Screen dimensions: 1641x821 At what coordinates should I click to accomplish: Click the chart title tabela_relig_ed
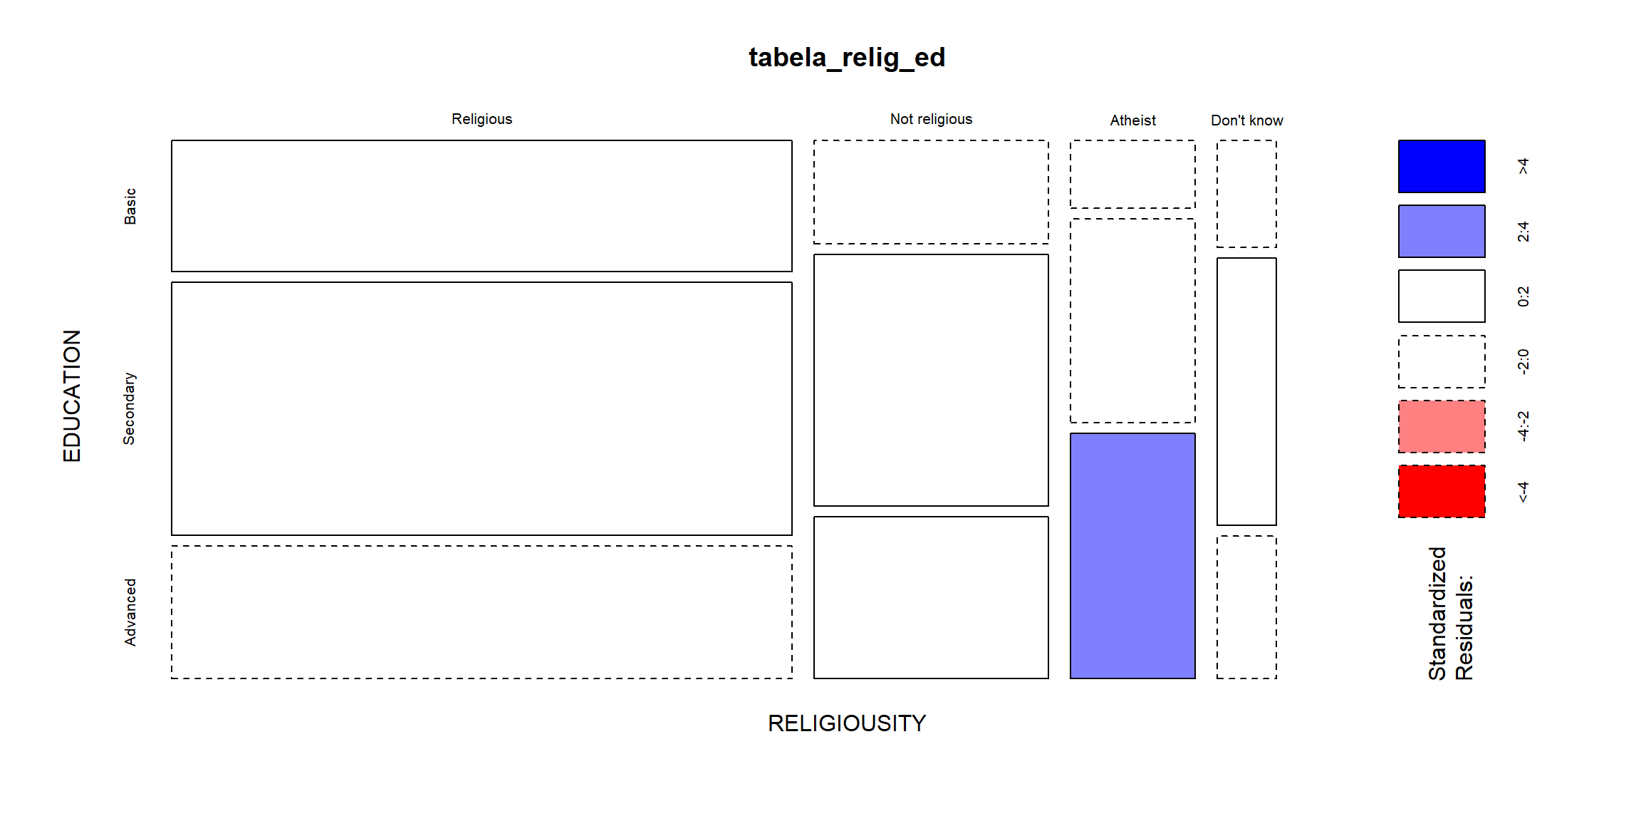[847, 58]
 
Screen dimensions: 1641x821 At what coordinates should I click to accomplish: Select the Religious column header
[481, 119]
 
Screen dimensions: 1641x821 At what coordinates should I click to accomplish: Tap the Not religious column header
[931, 119]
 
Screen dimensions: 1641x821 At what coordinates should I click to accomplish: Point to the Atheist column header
[1132, 120]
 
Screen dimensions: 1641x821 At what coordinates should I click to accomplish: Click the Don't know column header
[1246, 120]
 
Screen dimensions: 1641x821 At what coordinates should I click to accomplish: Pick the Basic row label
[130, 206]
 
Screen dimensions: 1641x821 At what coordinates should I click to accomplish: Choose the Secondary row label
[129, 408]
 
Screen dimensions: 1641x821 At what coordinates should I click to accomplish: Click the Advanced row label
[130, 612]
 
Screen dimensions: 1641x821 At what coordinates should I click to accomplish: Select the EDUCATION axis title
[72, 396]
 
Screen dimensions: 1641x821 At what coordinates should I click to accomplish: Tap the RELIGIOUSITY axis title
[847, 723]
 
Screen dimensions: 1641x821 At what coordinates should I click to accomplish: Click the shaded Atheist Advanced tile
[1132, 556]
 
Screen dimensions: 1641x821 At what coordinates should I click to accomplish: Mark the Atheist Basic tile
[1132, 174]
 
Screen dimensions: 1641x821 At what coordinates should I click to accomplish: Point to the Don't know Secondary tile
[1246, 391]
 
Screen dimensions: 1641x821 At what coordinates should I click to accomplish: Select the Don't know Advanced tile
[1246, 607]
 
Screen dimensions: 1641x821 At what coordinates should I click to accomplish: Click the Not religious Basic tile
[931, 192]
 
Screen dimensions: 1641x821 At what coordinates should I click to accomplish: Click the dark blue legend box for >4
[1442, 166]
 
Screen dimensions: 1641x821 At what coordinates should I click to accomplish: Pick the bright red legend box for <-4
[1442, 491]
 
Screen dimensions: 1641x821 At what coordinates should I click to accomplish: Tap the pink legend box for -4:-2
[1442, 426]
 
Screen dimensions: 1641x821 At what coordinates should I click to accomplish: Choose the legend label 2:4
[1523, 232]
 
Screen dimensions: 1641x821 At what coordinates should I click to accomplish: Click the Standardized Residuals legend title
[1450, 614]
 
